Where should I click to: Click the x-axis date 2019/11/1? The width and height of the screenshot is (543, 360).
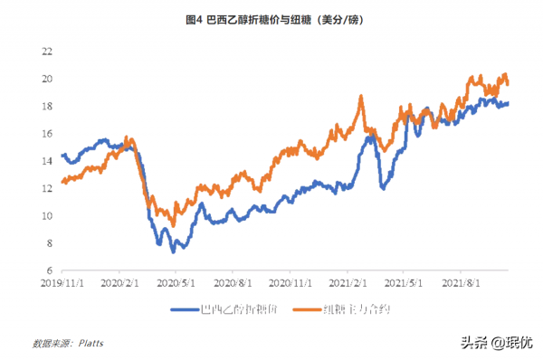(63, 282)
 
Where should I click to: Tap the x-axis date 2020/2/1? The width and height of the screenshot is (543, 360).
(119, 282)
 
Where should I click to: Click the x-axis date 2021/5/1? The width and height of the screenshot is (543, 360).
(403, 282)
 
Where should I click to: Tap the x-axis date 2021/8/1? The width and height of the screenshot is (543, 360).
(460, 282)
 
